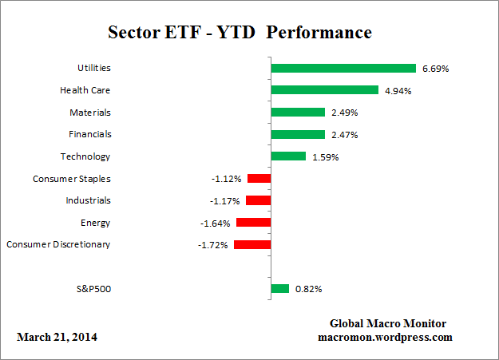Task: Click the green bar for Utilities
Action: pos(343,69)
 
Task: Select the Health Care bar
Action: pos(324,90)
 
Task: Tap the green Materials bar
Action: pos(298,113)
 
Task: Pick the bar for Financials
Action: pos(298,134)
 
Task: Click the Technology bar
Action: pos(288,156)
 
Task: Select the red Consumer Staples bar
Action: pos(259,179)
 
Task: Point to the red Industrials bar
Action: pos(259,200)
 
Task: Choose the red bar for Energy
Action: pos(254,223)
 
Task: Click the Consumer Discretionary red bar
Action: pos(252,244)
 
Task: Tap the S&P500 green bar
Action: pos(280,289)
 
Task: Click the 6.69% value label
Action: pos(435,69)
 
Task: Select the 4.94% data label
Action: pos(397,91)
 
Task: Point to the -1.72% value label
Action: pos(213,245)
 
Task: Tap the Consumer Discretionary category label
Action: pos(58,244)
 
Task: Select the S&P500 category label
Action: pos(92,289)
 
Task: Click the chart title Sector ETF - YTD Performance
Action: pos(240,33)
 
